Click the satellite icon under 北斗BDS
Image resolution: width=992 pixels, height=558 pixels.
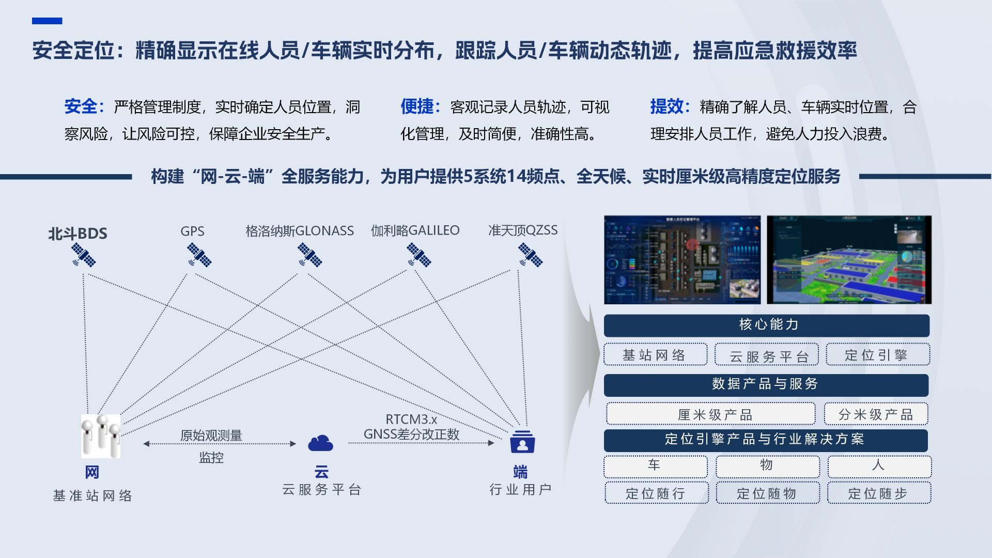click(x=84, y=255)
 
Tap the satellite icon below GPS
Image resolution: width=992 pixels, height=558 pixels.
click(x=199, y=255)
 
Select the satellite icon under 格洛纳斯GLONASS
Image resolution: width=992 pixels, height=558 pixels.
click(x=309, y=255)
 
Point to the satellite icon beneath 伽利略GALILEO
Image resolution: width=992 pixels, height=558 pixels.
click(x=419, y=255)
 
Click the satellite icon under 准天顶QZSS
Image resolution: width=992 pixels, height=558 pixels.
click(x=530, y=255)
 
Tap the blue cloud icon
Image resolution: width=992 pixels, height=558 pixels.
click(x=320, y=443)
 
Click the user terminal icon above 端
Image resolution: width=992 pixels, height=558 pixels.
click(x=522, y=442)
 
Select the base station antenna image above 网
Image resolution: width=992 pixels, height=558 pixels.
click(x=101, y=436)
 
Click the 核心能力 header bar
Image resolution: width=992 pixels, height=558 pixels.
click(x=766, y=325)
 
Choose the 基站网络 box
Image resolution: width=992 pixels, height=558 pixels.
click(x=655, y=355)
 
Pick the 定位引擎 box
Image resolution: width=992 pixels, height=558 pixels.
click(x=877, y=354)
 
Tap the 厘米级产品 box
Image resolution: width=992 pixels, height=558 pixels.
click(x=710, y=414)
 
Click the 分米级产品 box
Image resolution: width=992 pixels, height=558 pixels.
click(x=876, y=414)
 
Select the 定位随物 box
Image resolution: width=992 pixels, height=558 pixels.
click(x=767, y=493)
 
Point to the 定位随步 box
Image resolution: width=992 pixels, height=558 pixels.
click(x=878, y=493)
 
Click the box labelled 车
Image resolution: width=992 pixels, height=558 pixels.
click(x=655, y=466)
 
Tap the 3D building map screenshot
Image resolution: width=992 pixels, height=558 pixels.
click(x=849, y=260)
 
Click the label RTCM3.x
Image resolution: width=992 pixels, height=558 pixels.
click(x=411, y=420)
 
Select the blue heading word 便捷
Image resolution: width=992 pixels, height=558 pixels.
click(x=417, y=107)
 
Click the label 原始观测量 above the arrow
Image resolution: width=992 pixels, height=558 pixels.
click(x=211, y=436)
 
